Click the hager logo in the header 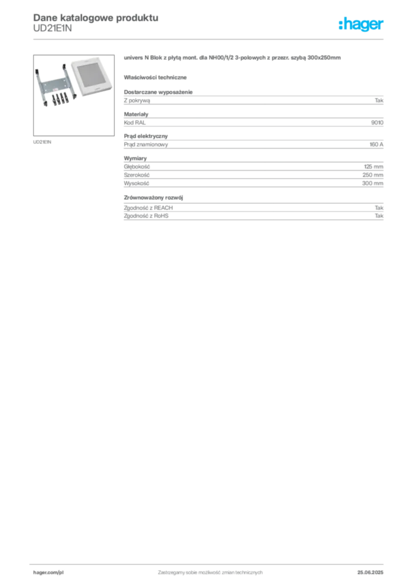pyautogui.click(x=361, y=24)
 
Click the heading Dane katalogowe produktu pyautogui.click(x=96, y=18)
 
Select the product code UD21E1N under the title pyautogui.click(x=52, y=29)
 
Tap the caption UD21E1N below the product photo pyautogui.click(x=42, y=142)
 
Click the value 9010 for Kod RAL pyautogui.click(x=377, y=123)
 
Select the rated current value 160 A pyautogui.click(x=376, y=144)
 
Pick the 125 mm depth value pyautogui.click(x=374, y=167)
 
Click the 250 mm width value pyautogui.click(x=372, y=175)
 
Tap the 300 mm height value pyautogui.click(x=372, y=183)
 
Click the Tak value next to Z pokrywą pyautogui.click(x=379, y=100)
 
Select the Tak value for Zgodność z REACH pyautogui.click(x=379, y=208)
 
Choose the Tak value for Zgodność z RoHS pyautogui.click(x=379, y=216)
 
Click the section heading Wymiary pyautogui.click(x=135, y=159)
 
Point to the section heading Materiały pyautogui.click(x=136, y=114)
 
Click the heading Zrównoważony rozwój pyautogui.click(x=153, y=198)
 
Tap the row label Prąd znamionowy pyautogui.click(x=146, y=144)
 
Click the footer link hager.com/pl pyautogui.click(x=48, y=573)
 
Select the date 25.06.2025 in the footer pyautogui.click(x=370, y=573)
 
